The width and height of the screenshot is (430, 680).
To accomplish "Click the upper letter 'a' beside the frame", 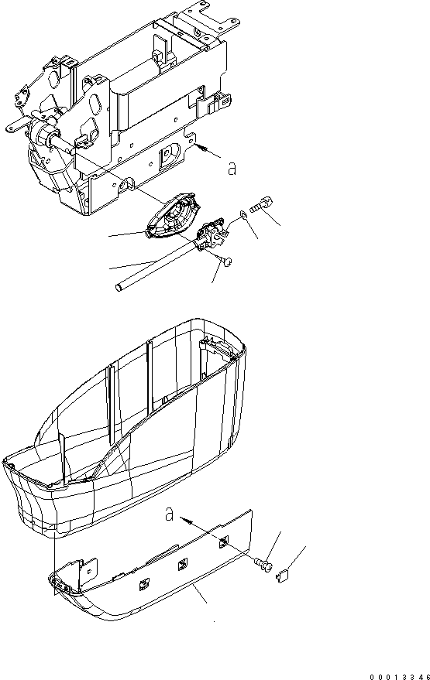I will point(231,169).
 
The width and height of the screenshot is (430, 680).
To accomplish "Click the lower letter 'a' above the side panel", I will point(170,514).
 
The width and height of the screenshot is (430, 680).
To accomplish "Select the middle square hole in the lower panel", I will point(183,562).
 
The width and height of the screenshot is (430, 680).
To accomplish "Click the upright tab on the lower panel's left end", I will point(81,570).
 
